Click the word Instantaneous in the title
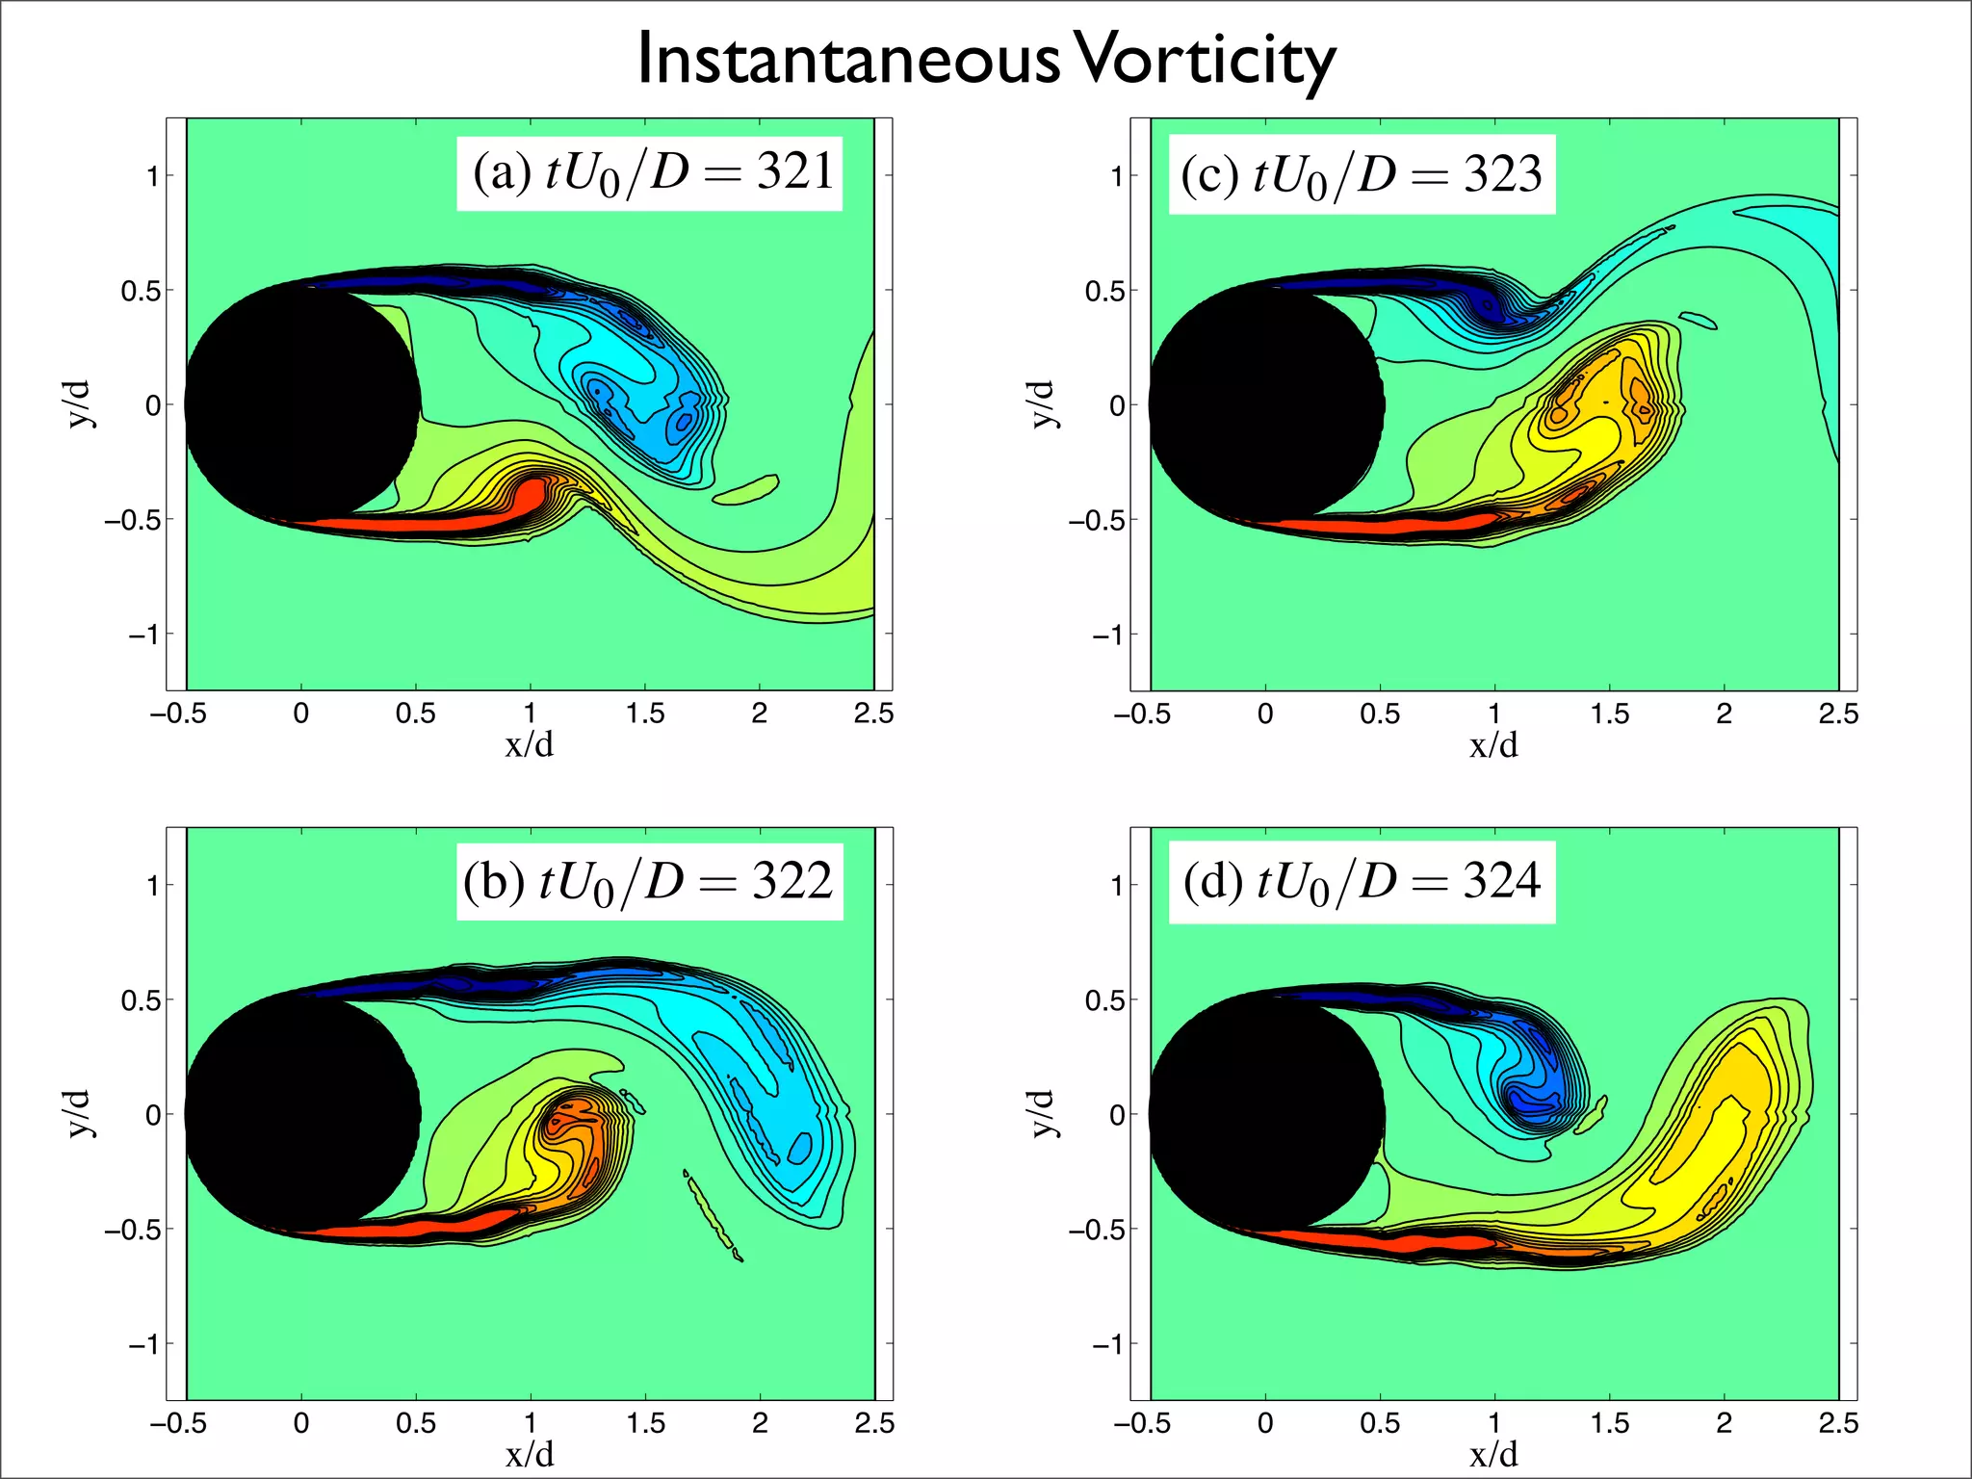[847, 60]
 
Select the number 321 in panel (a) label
[795, 171]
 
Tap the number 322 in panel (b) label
[791, 881]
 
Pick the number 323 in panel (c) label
[1502, 173]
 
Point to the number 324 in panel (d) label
[1501, 881]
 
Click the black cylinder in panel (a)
[301, 403]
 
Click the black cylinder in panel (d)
[1266, 1114]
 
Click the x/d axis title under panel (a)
[530, 744]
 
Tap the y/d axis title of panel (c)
[1043, 403]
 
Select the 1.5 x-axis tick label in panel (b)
[645, 1423]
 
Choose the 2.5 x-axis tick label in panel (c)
[1837, 714]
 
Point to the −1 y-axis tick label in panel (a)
[144, 635]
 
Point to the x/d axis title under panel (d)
[1493, 1454]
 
